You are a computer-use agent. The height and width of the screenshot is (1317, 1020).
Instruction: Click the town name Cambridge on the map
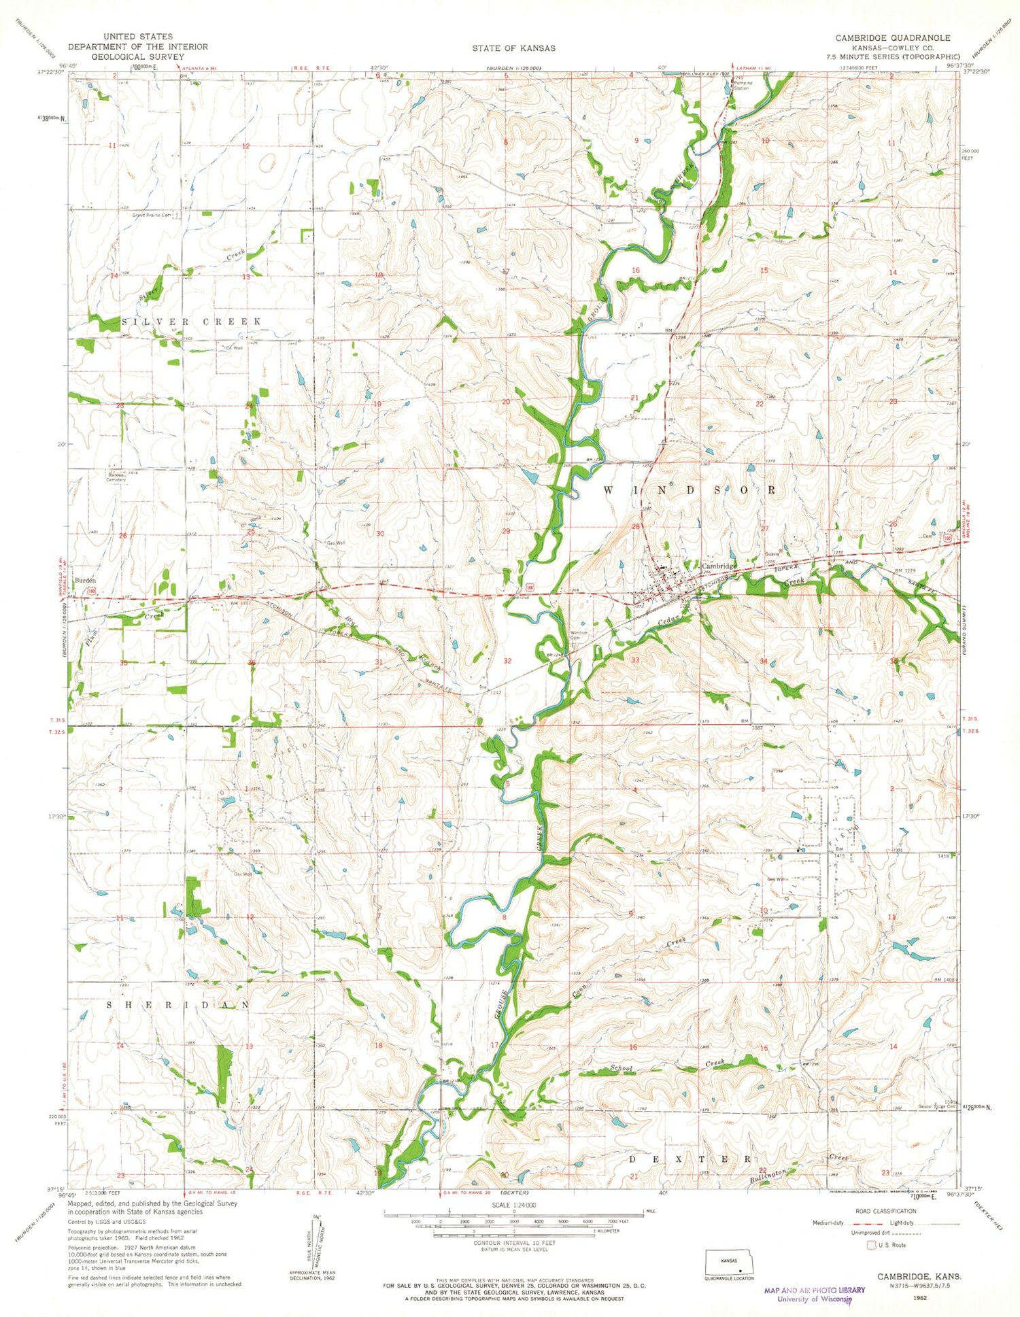tap(719, 566)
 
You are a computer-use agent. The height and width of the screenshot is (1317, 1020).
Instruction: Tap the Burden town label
tap(85, 580)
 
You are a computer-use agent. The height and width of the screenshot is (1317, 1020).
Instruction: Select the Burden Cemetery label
tap(116, 477)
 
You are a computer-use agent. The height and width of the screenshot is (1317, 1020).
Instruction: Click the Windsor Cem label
tap(578, 635)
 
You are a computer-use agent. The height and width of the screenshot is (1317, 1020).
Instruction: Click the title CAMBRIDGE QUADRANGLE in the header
tap(893, 38)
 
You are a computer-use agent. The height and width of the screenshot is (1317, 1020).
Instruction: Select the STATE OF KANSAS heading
tap(513, 48)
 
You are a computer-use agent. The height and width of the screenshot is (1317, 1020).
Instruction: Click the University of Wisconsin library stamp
tap(814, 1294)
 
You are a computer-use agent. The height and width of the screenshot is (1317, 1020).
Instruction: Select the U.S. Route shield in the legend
tap(872, 1245)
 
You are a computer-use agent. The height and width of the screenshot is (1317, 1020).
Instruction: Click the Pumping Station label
tap(743, 85)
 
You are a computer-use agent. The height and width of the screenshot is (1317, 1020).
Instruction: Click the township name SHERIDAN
tap(175, 1005)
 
